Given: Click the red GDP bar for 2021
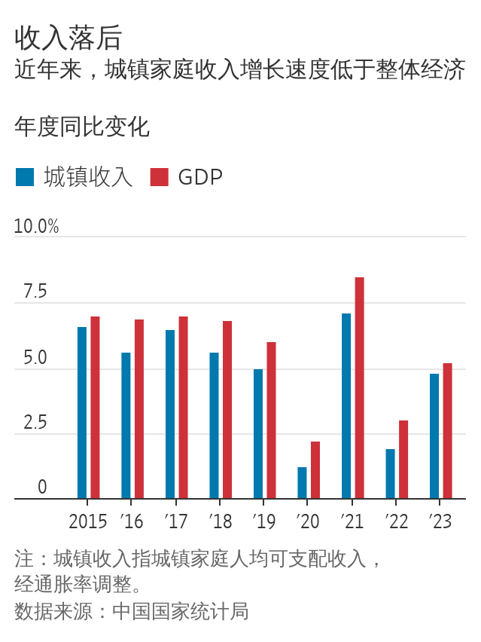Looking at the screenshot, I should pyautogui.click(x=360, y=388).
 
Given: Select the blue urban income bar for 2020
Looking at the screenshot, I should pyautogui.click(x=302, y=483).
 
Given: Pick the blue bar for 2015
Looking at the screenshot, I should pyautogui.click(x=82, y=413).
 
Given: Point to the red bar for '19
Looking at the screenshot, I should pyautogui.click(x=271, y=420).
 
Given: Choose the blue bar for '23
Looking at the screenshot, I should pyautogui.click(x=434, y=436).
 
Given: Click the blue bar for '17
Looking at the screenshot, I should pyautogui.click(x=170, y=414).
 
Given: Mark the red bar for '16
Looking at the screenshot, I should pyautogui.click(x=139, y=409).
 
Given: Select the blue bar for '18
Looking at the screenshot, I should pyautogui.click(x=214, y=426).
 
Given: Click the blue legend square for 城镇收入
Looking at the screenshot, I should pyautogui.click(x=25, y=177).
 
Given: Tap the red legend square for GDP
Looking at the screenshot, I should pyautogui.click(x=159, y=177).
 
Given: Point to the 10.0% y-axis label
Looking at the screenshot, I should pyautogui.click(x=36, y=226).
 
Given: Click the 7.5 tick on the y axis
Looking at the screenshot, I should pyautogui.click(x=35, y=292).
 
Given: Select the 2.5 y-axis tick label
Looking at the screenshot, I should pyautogui.click(x=35, y=423).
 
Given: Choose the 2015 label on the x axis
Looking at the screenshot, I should pyautogui.click(x=88, y=521).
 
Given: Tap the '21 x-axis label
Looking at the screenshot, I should pyautogui.click(x=352, y=521).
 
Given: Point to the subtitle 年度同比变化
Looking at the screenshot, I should pyautogui.click(x=82, y=127).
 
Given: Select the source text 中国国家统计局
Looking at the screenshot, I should pyautogui.click(x=180, y=611).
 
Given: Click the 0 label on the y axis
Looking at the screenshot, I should pyautogui.click(x=42, y=488).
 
